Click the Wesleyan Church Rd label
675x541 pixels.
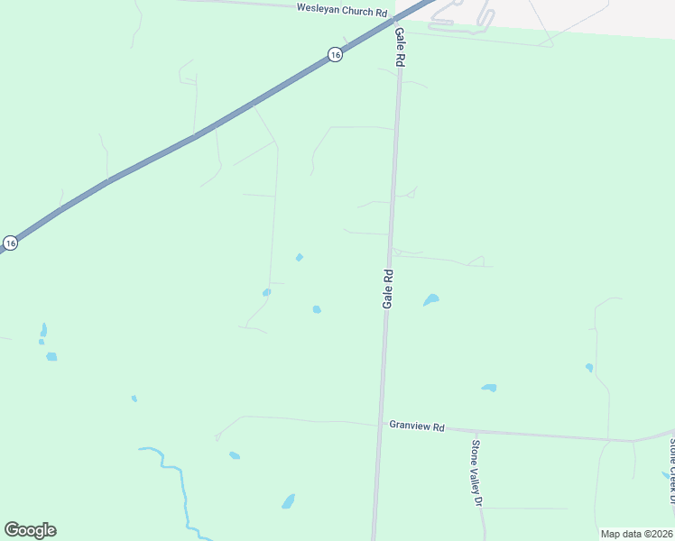pyautogui.click(x=342, y=11)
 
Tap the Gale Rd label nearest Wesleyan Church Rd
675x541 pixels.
pyautogui.click(x=398, y=45)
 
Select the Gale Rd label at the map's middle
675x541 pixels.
pyautogui.click(x=387, y=289)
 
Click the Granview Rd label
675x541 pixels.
pyautogui.click(x=417, y=426)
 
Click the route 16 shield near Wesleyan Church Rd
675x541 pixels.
pyautogui.click(x=335, y=55)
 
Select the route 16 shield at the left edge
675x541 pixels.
pyautogui.click(x=10, y=243)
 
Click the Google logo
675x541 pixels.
pyautogui.click(x=30, y=530)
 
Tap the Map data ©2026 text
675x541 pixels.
pyautogui.click(x=636, y=534)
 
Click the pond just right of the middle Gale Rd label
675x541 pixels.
pyautogui.click(x=431, y=299)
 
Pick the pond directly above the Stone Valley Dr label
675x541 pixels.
pyautogui.click(x=489, y=388)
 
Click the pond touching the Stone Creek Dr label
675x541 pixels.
pyautogui.click(x=667, y=474)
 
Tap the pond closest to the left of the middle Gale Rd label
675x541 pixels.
pyautogui.click(x=317, y=309)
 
